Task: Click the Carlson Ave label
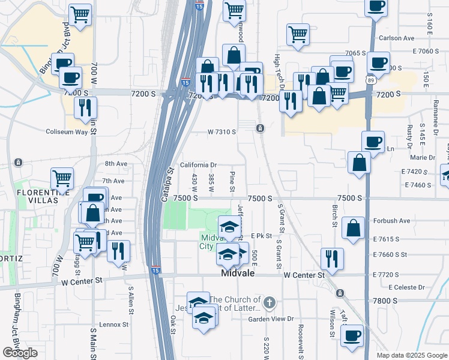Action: coord(397,38)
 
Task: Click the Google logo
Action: coord(20,353)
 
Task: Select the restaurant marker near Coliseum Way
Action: coord(86,107)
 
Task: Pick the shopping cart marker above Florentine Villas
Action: coord(62,178)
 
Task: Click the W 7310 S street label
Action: coord(221,131)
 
